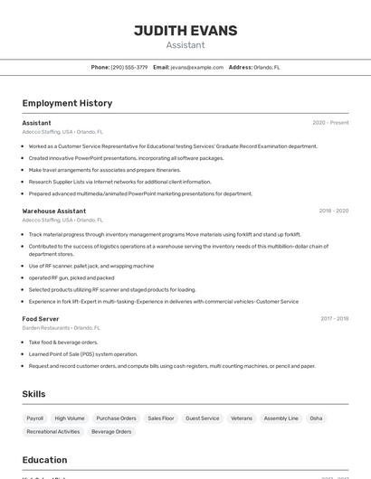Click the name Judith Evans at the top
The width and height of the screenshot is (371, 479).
(x=185, y=31)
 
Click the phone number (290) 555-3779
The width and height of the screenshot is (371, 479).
(x=129, y=67)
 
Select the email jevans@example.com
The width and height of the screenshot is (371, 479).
(x=197, y=67)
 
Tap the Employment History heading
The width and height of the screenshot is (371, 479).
(x=67, y=103)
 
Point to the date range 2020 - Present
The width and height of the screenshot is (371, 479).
(x=330, y=122)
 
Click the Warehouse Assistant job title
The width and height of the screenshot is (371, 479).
(x=54, y=211)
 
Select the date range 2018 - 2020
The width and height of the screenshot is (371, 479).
(x=333, y=211)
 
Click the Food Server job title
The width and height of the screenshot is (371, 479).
(x=41, y=318)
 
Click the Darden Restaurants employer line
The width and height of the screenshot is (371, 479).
(x=62, y=328)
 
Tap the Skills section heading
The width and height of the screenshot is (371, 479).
(x=34, y=394)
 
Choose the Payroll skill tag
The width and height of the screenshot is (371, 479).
(x=35, y=418)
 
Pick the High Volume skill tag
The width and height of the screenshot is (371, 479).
(x=70, y=418)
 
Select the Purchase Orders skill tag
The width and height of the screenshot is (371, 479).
(x=116, y=418)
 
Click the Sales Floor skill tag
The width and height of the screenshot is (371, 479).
(x=161, y=418)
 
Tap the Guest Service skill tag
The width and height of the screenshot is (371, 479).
(x=203, y=418)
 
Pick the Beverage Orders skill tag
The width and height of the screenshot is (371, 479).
(x=111, y=432)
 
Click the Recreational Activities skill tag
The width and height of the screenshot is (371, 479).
(x=53, y=432)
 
